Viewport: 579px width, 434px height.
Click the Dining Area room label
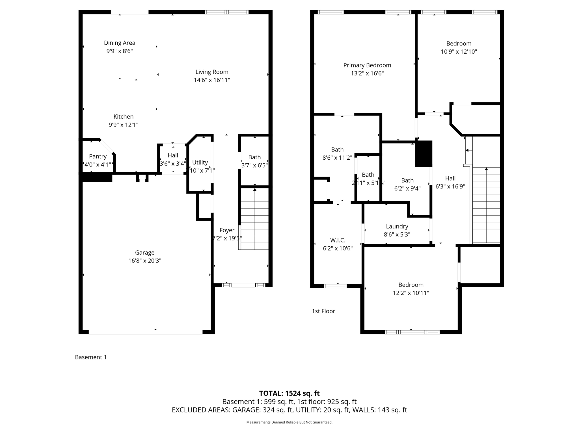[x=120, y=43]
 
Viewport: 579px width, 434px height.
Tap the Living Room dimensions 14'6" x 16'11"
[x=212, y=80]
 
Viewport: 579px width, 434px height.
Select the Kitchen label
[x=123, y=116]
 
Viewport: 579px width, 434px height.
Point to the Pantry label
[x=98, y=156]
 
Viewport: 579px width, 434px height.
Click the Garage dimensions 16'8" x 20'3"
[x=145, y=261]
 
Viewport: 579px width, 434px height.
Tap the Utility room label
[x=200, y=162]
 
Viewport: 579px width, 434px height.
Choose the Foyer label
[x=227, y=230]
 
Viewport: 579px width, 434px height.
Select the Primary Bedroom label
[x=367, y=65]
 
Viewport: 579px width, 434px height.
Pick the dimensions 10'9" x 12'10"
[x=459, y=52]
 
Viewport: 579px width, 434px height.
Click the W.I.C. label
[x=338, y=240]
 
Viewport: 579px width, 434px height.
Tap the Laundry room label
[x=397, y=226]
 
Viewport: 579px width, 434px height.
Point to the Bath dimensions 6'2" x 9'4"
[x=407, y=188]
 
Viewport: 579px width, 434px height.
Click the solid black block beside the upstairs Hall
[x=423, y=153]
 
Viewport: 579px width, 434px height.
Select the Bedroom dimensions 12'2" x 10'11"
[x=411, y=293]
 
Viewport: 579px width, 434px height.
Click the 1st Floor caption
[x=323, y=311]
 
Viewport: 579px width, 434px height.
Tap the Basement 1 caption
[x=91, y=357]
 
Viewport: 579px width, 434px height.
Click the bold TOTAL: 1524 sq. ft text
[x=289, y=393]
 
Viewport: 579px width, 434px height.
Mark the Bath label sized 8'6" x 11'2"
[x=337, y=149]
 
